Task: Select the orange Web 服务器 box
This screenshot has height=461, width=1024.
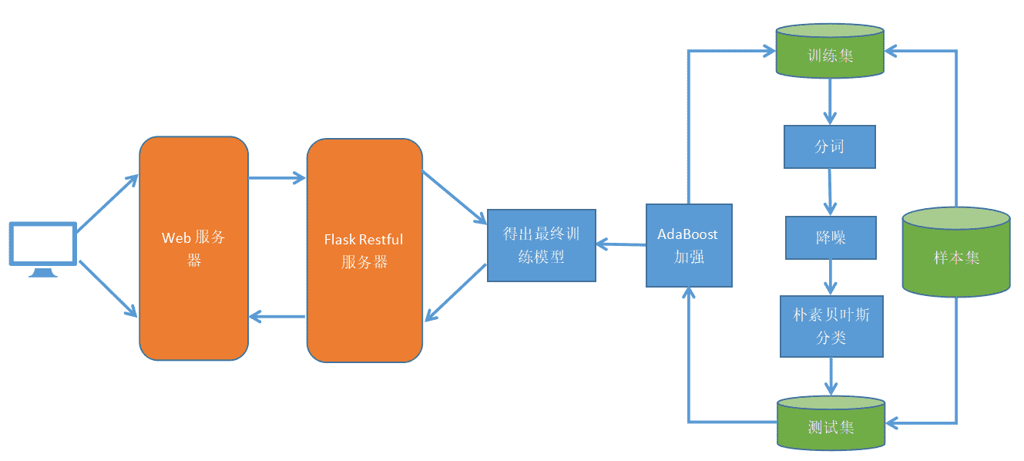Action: (x=193, y=248)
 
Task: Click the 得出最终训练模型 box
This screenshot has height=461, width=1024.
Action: (x=542, y=245)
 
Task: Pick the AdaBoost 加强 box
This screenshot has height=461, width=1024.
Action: (x=688, y=245)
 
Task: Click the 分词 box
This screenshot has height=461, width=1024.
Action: (x=830, y=146)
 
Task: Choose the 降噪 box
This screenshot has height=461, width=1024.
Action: (x=831, y=237)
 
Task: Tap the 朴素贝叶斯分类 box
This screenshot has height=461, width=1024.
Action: (x=831, y=326)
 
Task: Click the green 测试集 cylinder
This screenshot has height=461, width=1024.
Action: (x=831, y=423)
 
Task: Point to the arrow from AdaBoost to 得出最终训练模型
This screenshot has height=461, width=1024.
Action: (x=621, y=244)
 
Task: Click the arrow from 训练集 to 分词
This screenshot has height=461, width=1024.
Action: (x=830, y=101)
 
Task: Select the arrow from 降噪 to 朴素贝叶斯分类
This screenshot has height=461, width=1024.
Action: (x=831, y=277)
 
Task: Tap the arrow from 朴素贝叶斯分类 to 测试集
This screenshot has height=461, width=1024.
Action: (x=831, y=376)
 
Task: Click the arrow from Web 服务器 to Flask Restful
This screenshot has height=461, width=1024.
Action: (x=277, y=179)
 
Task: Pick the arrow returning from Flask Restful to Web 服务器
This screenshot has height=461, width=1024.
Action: (x=277, y=317)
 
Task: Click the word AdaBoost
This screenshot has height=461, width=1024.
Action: (x=687, y=234)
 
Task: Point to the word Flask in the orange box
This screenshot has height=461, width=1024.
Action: (x=339, y=240)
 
